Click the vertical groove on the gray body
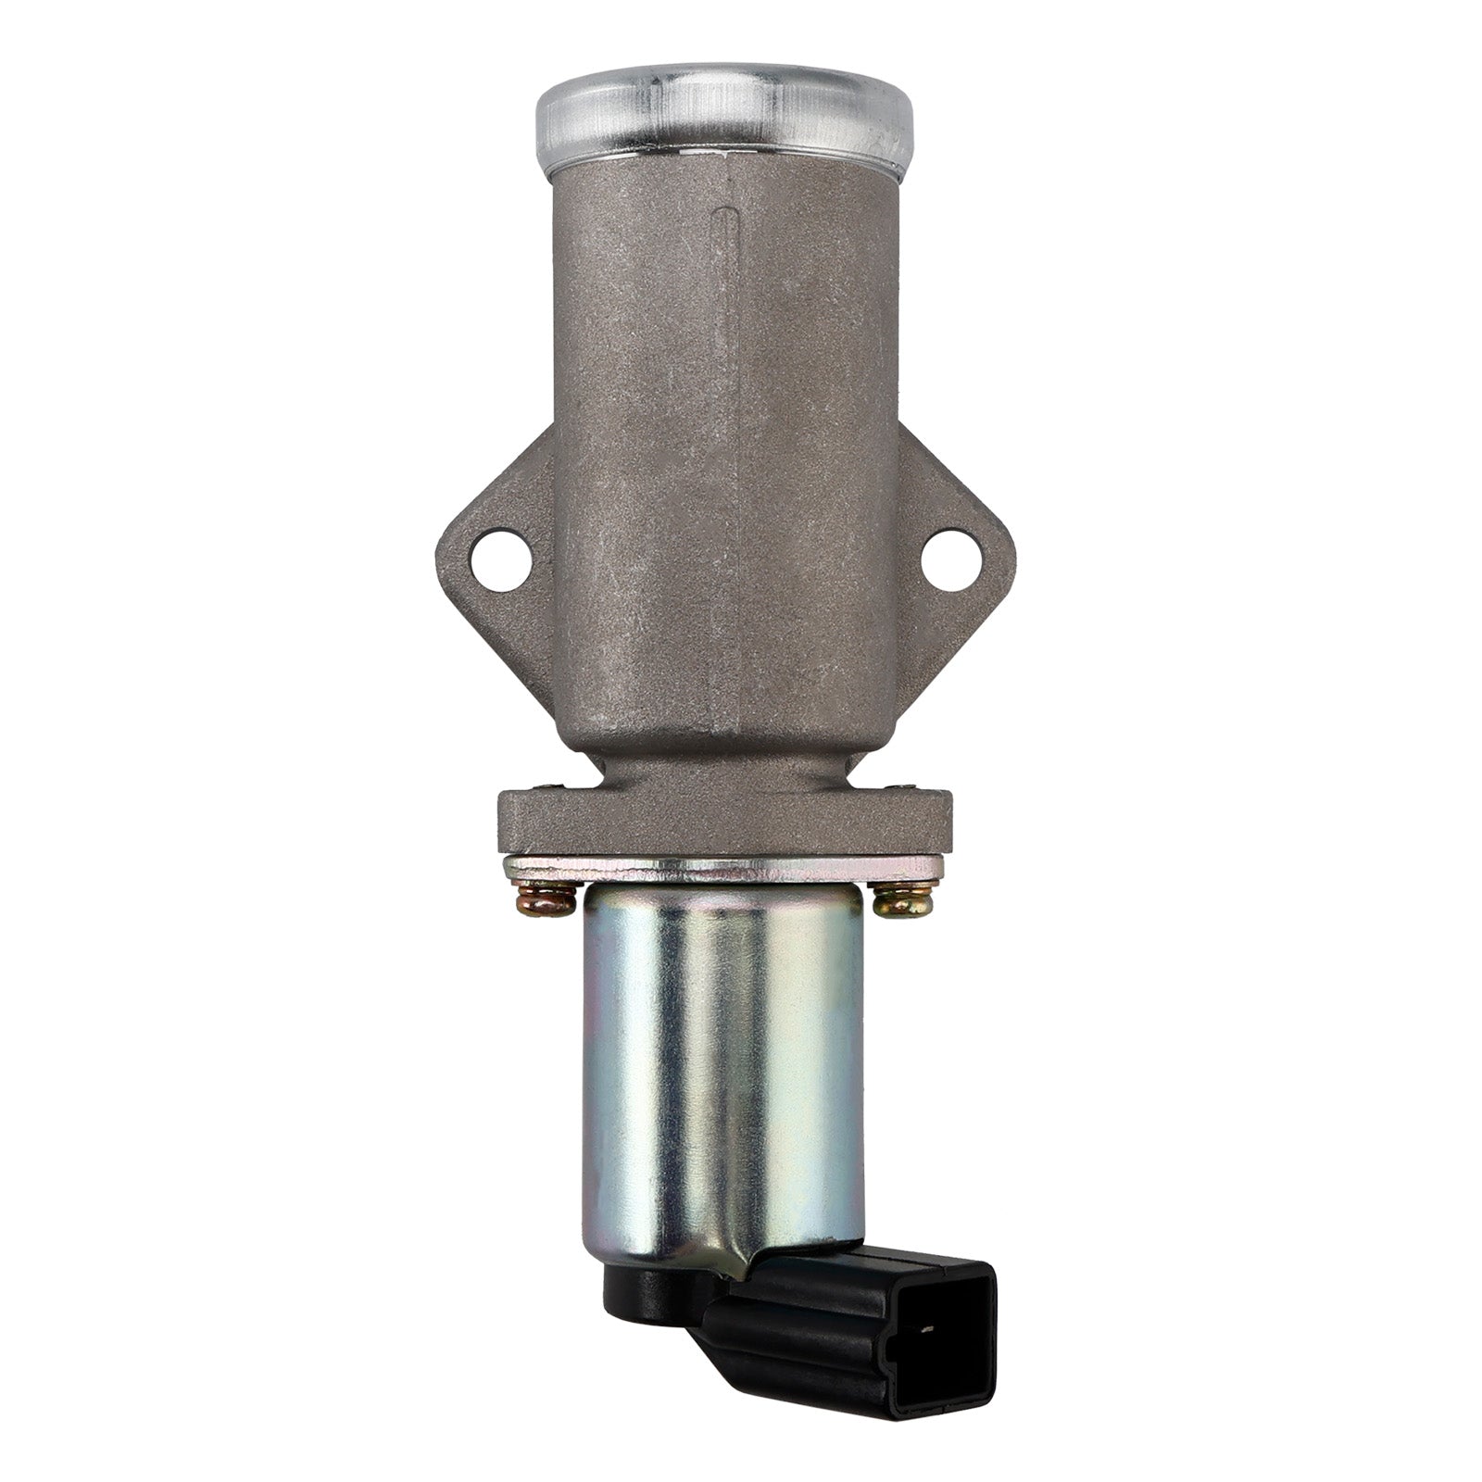[x=724, y=278]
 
